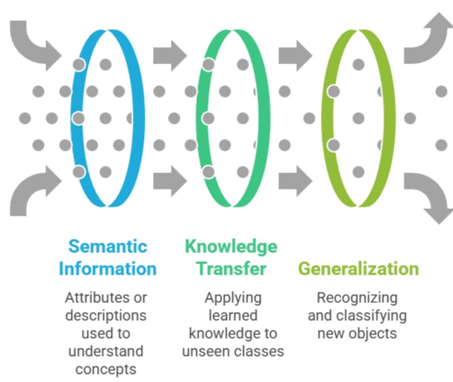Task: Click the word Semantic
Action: pos(108,246)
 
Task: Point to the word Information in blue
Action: pos(108,269)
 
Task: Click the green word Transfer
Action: pos(231,269)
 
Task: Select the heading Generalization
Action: pos(358,269)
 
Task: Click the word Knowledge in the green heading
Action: pos(231,246)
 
